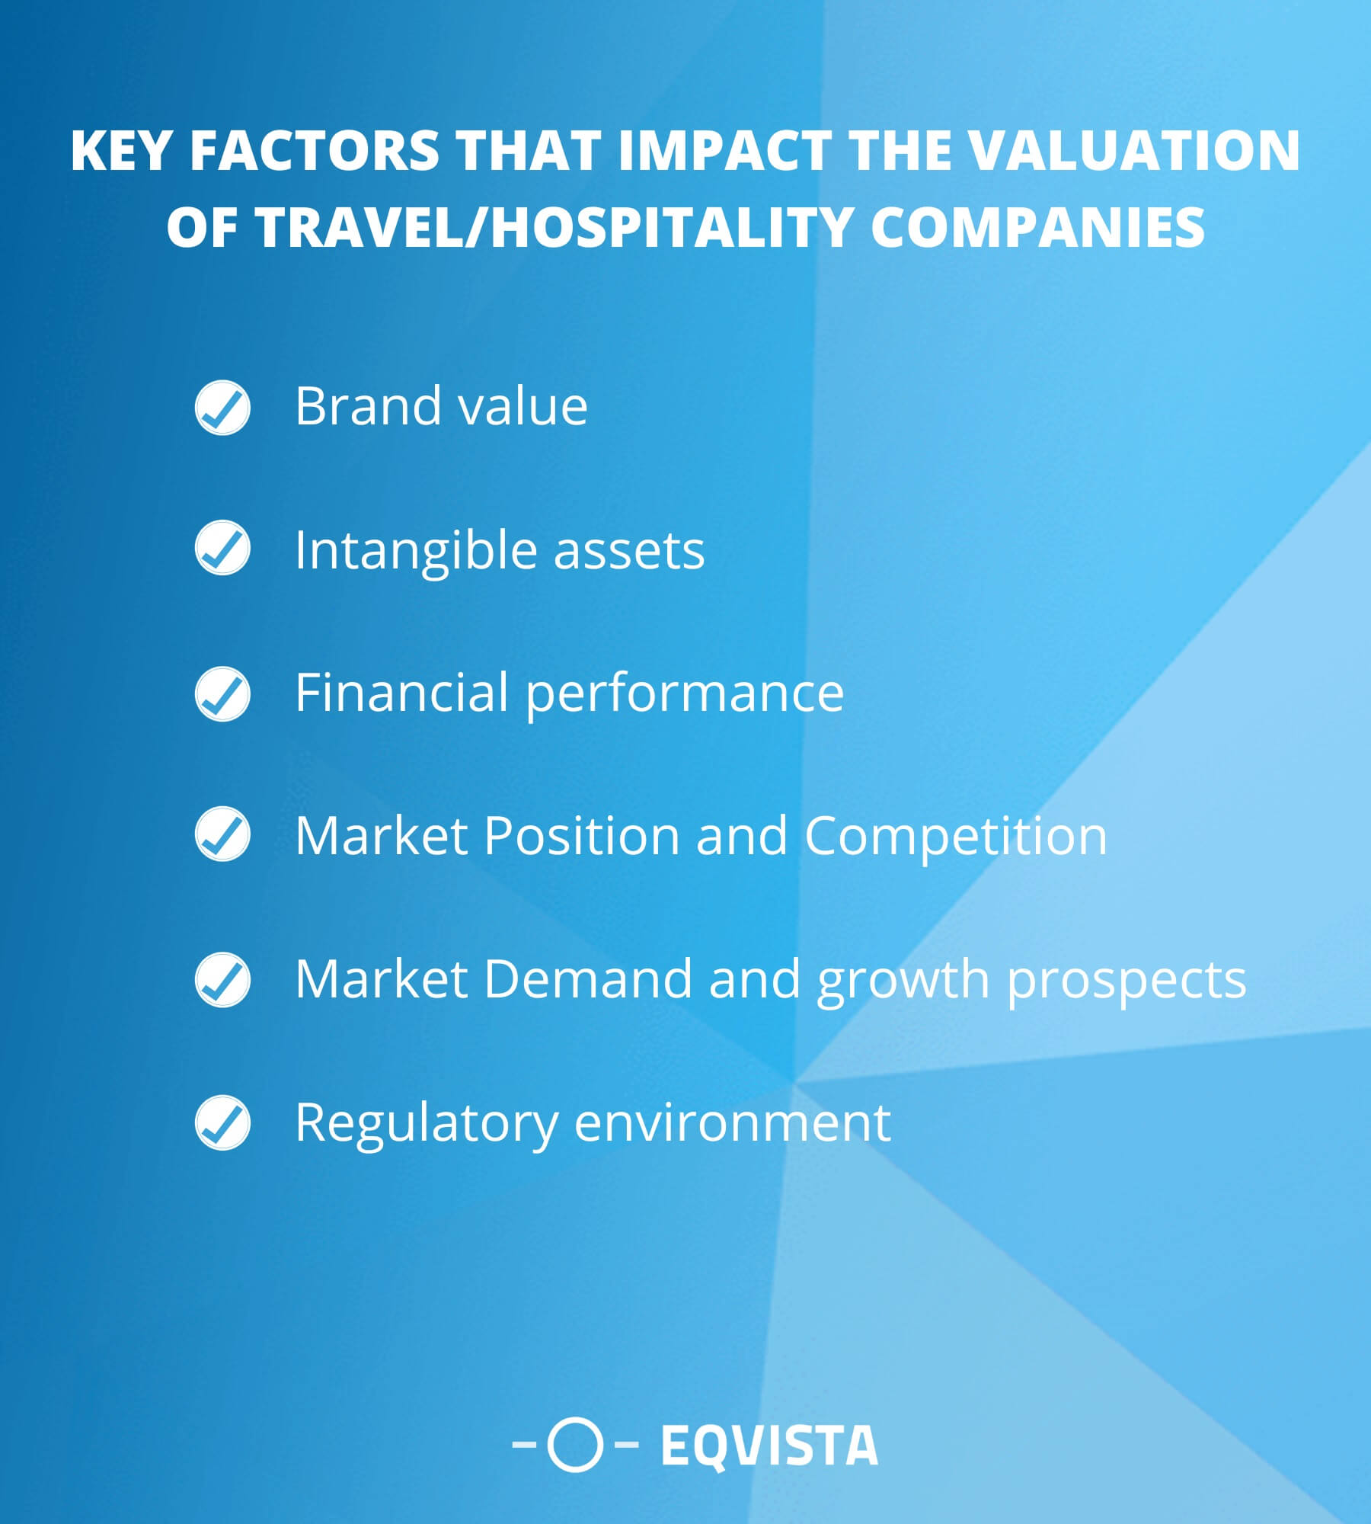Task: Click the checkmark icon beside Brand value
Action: pos(222,408)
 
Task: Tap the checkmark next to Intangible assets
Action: pos(222,548)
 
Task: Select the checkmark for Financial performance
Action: pos(222,693)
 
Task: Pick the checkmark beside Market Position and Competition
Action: pos(222,834)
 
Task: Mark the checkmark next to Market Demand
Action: pos(222,979)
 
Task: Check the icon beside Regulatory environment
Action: pos(222,1122)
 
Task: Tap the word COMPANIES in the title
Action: pos(1037,226)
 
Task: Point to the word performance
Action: pos(684,693)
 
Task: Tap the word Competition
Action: pos(955,836)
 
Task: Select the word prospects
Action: pos(1127,980)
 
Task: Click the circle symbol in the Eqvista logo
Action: pos(575,1444)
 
